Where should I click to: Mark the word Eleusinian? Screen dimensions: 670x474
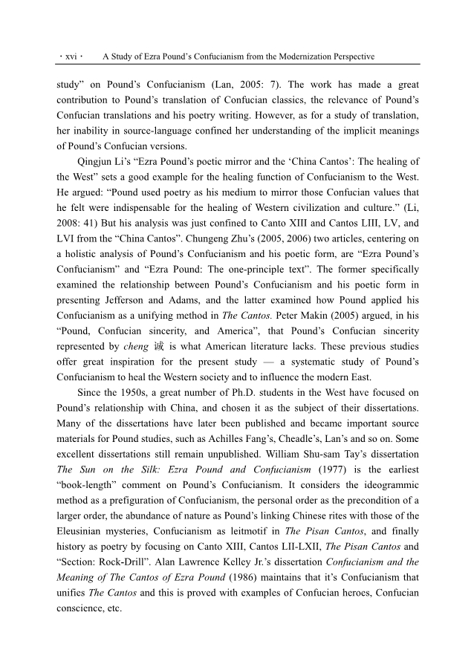coord(86,532)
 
